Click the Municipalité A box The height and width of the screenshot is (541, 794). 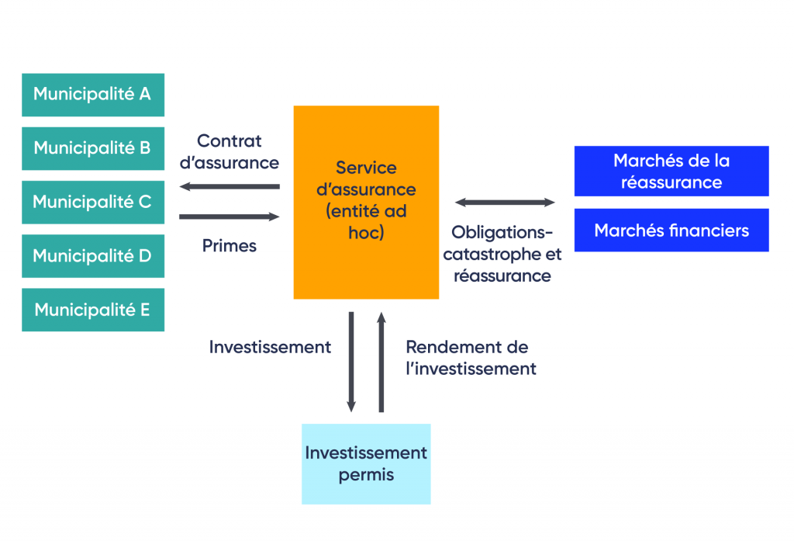click(x=93, y=95)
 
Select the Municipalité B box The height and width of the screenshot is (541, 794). click(x=93, y=148)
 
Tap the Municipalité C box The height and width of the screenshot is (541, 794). click(x=93, y=202)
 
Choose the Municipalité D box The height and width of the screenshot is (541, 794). click(x=93, y=255)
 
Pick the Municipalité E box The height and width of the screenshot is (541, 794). click(x=93, y=310)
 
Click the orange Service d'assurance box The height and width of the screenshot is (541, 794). click(x=366, y=202)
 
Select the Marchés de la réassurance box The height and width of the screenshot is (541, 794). click(x=671, y=171)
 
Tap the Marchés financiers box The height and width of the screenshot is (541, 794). click(x=671, y=230)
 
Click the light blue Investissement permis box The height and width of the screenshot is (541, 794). click(x=366, y=463)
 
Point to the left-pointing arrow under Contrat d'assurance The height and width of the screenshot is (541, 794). click(x=229, y=186)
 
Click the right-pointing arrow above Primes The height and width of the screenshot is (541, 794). click(x=229, y=217)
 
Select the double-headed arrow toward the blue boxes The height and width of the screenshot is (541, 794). click(x=505, y=203)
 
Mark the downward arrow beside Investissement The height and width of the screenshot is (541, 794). click(x=351, y=361)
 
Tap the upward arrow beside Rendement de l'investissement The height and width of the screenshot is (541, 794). click(x=381, y=361)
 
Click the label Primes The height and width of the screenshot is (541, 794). click(x=229, y=246)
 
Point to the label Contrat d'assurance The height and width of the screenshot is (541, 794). click(x=229, y=151)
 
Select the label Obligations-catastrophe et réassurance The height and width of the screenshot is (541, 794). click(x=506, y=254)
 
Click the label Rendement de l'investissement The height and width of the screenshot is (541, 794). click(x=471, y=358)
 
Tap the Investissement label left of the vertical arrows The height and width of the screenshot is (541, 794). click(x=270, y=347)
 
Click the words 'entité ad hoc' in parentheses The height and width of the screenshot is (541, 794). click(x=366, y=221)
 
